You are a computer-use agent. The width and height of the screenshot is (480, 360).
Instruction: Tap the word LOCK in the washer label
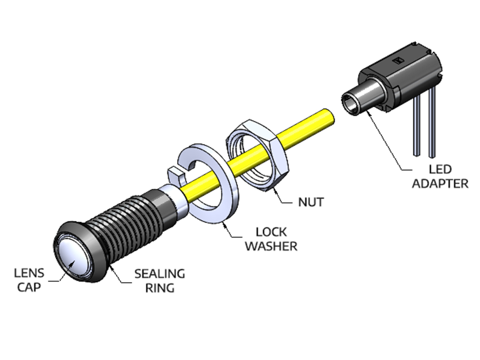pos(271,232)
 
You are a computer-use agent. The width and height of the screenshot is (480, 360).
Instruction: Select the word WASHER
pos(271,246)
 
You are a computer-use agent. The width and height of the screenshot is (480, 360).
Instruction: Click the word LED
pos(440,169)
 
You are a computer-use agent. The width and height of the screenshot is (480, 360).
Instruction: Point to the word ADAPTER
pos(440,183)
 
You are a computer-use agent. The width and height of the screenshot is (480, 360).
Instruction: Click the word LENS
pos(29,273)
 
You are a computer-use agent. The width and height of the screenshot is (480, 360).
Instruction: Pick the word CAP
pos(29,287)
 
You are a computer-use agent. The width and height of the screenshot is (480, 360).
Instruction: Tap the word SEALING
pos(159,274)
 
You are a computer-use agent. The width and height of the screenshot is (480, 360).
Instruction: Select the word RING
pos(159,287)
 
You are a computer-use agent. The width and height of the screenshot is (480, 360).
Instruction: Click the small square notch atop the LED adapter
pos(399,60)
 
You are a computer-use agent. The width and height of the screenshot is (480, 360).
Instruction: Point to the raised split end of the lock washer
pos(175,174)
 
